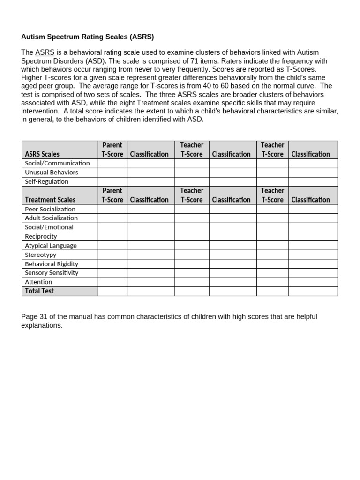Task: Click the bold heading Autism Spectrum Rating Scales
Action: (87, 37)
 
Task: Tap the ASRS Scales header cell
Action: (42, 154)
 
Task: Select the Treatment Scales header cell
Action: (50, 200)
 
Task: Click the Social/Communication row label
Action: (57, 163)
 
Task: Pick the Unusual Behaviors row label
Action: (52, 172)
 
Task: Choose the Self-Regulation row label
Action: (46, 181)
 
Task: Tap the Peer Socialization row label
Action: (50, 209)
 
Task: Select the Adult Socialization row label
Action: (52, 218)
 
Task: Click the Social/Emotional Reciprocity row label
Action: (49, 232)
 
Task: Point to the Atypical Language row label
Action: (51, 245)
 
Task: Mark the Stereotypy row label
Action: (40, 255)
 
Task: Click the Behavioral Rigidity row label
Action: (52, 263)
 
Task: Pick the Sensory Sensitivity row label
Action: (52, 273)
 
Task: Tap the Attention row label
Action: (38, 282)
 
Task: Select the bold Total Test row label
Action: (39, 291)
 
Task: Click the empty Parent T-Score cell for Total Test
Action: (112, 291)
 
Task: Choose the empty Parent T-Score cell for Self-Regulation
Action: (112, 181)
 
